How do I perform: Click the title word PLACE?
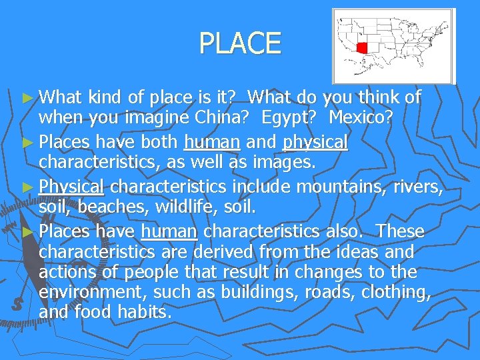tap(240, 44)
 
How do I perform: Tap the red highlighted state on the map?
tap(363, 48)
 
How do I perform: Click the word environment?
tap(93, 293)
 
